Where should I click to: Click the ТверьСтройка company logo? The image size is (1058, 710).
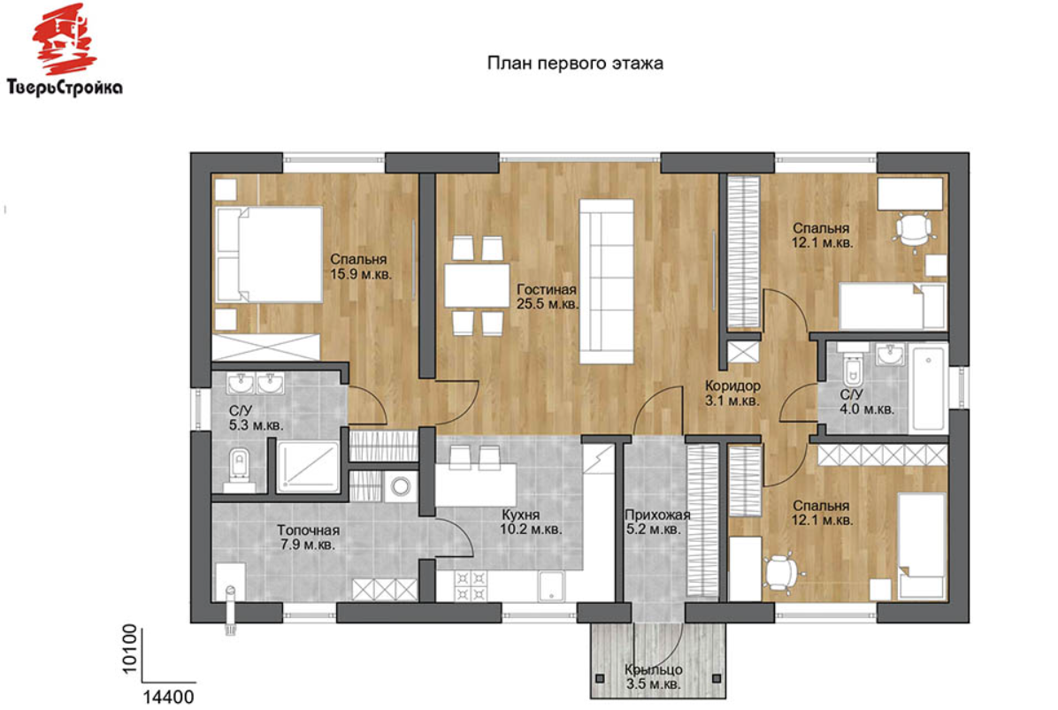click(65, 50)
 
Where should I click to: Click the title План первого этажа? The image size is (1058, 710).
click(575, 64)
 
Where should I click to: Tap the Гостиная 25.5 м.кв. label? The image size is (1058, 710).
click(548, 297)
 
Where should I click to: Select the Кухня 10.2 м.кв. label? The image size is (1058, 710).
click(531, 522)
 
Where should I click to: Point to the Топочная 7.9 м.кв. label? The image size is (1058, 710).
click(309, 538)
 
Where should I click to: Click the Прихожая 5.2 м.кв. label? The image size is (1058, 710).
click(656, 522)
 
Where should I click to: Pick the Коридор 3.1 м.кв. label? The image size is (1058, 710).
click(732, 393)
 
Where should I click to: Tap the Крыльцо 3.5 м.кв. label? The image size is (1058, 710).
click(653, 677)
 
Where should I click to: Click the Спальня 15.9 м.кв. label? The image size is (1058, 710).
click(360, 266)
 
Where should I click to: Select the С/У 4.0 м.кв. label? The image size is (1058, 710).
click(866, 401)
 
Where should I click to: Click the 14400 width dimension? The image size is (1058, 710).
click(169, 698)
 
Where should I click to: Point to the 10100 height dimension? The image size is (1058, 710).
click(129, 649)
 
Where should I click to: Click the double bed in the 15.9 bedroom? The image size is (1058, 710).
click(268, 254)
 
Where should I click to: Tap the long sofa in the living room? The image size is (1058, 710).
click(607, 281)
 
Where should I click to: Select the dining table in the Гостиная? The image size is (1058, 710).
click(477, 286)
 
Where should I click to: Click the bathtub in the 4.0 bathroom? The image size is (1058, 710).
click(929, 387)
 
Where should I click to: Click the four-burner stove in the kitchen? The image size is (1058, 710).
click(471, 586)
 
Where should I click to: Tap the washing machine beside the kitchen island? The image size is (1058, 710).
click(401, 487)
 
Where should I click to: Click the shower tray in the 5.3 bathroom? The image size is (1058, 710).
click(309, 467)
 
